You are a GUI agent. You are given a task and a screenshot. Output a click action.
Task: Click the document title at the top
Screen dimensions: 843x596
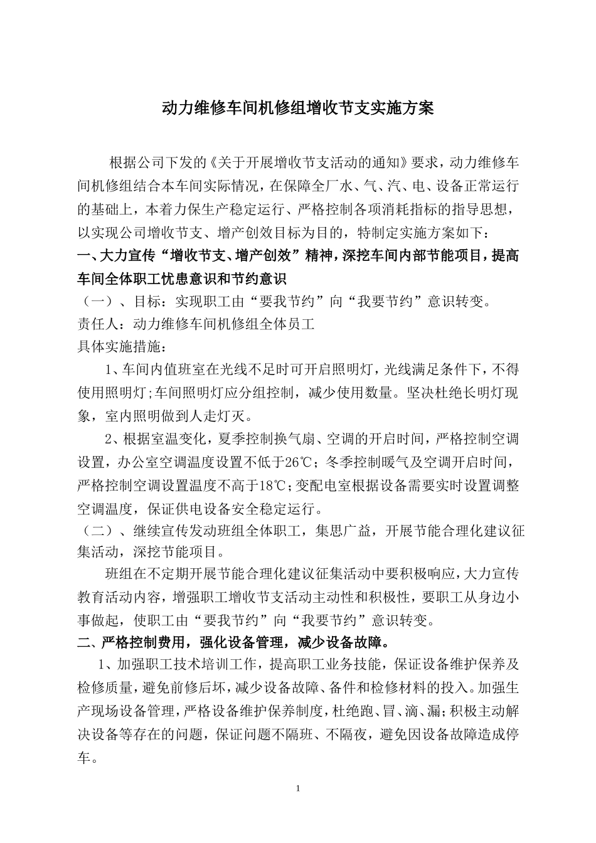point(298,108)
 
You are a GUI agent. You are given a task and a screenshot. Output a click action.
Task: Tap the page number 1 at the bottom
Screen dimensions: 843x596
point(298,788)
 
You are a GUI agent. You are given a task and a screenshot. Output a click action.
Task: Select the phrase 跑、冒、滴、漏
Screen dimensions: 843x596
point(399,711)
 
